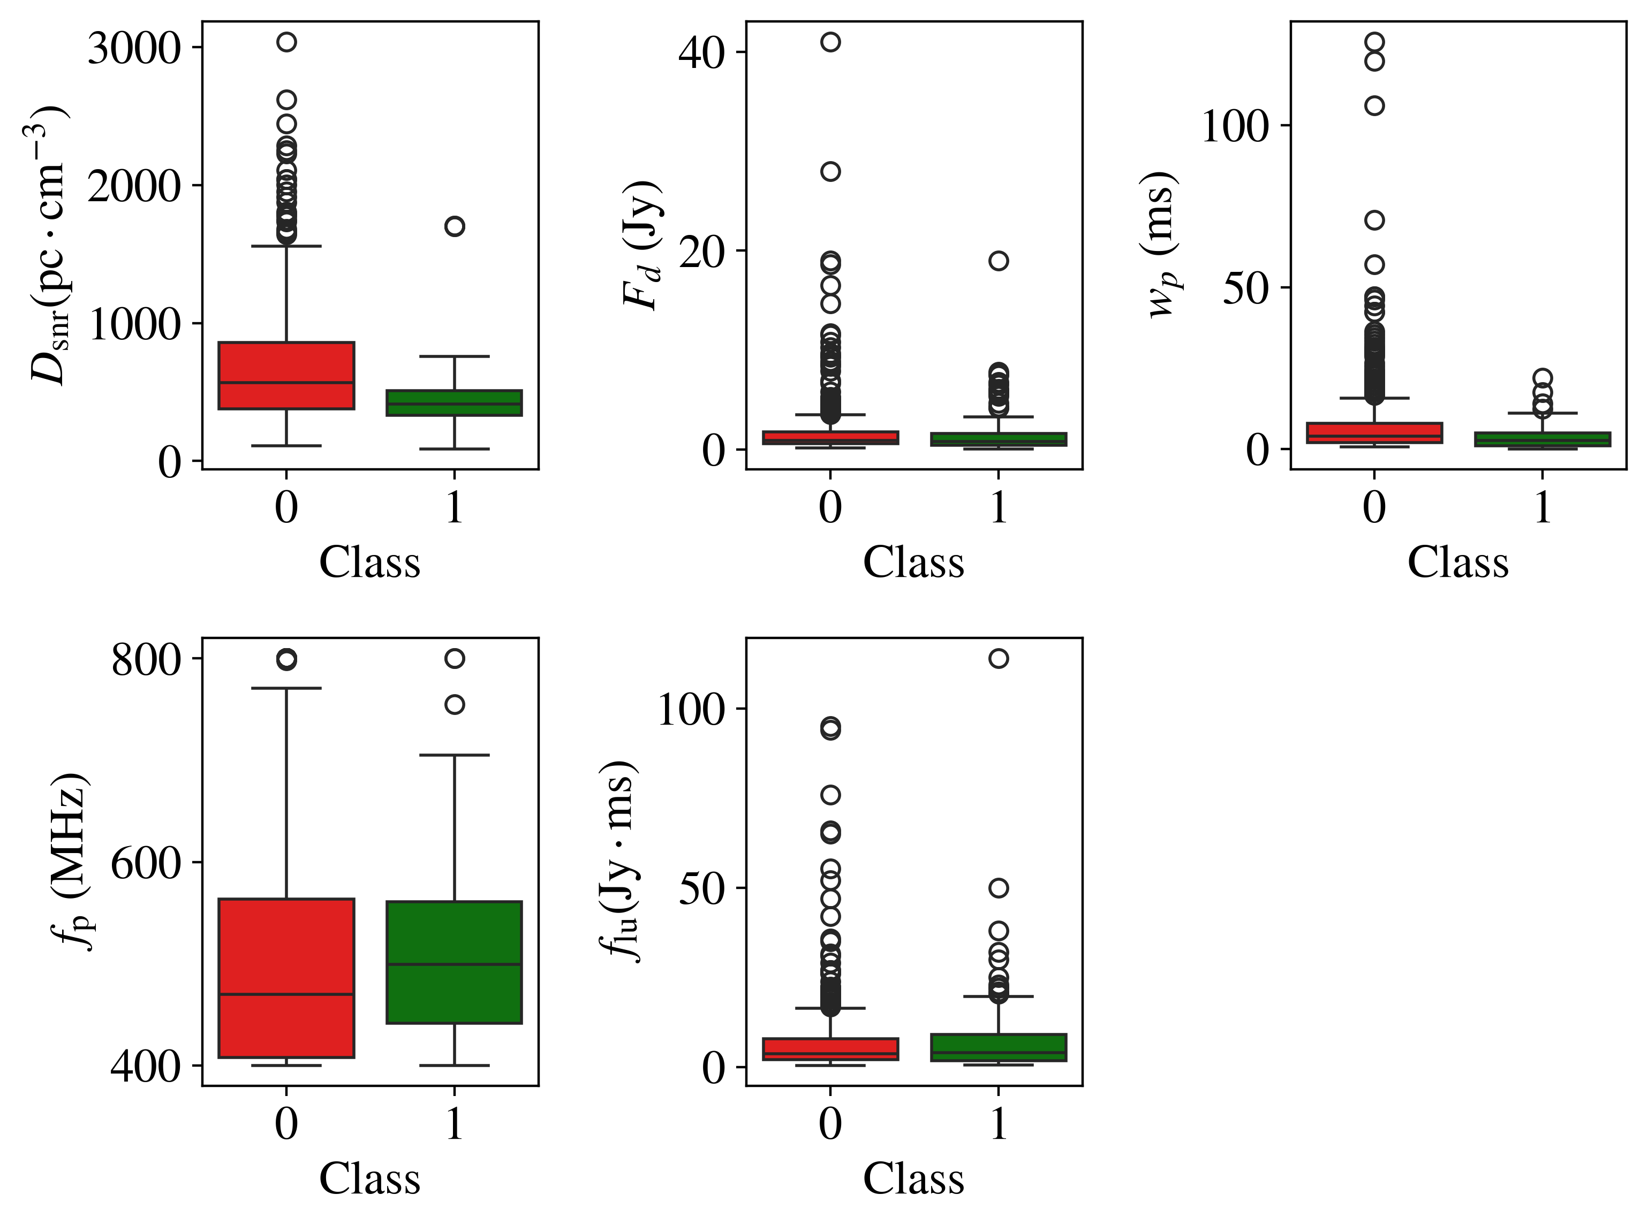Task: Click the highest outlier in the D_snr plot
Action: tap(286, 42)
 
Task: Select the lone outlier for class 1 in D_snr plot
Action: tap(455, 226)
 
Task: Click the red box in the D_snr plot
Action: tap(286, 375)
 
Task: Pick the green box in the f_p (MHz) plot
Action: tap(455, 962)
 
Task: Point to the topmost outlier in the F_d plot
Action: tap(830, 42)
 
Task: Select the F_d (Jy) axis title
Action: tap(641, 245)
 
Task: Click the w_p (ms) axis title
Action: tap(1162, 245)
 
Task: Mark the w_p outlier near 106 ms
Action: tap(1374, 106)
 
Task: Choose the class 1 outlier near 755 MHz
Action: tap(455, 704)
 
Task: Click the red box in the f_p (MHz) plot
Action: tap(286, 978)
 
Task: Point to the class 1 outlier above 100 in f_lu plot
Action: tap(999, 658)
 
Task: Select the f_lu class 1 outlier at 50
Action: tap(999, 888)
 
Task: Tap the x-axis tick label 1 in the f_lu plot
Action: tap(999, 1123)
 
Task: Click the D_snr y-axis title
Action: tap(49, 245)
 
